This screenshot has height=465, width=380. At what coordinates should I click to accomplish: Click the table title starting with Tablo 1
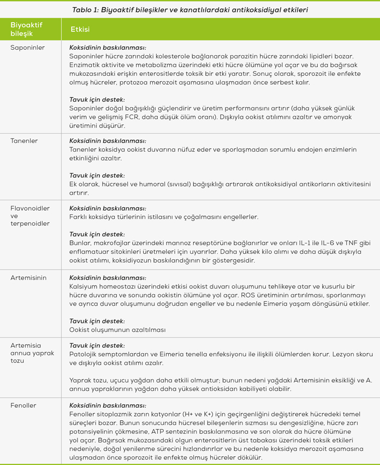tap(189, 9)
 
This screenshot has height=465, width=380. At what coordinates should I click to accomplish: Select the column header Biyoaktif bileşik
tap(26, 29)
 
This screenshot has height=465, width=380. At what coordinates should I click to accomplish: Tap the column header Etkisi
tap(80, 29)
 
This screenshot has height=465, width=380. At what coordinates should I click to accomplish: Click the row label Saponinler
tap(27, 47)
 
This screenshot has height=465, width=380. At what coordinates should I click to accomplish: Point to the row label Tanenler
tap(24, 140)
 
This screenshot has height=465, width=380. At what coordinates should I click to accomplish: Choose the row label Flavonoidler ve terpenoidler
tap(29, 216)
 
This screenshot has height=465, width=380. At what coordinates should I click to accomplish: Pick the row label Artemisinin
tap(28, 278)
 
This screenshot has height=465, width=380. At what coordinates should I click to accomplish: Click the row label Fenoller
tap(23, 406)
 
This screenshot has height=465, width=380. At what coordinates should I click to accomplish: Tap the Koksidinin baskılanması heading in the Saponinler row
tap(108, 47)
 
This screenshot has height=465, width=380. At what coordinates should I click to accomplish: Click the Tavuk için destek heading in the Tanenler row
tap(97, 176)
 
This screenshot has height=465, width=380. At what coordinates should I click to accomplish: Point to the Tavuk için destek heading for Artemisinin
tap(97, 321)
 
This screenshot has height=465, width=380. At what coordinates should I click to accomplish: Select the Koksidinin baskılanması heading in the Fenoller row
tap(108, 406)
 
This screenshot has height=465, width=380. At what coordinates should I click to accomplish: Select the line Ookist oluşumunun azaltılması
tap(117, 330)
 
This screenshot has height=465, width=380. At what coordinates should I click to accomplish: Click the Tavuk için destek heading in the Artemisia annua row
tap(97, 345)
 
